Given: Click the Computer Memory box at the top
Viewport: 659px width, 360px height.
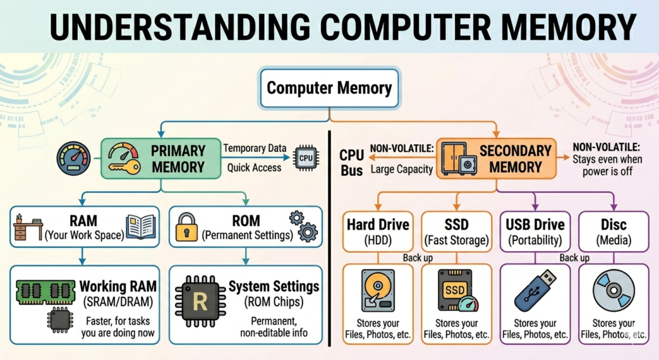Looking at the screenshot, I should pos(329,88).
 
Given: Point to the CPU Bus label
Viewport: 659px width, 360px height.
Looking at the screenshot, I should pos(351,163).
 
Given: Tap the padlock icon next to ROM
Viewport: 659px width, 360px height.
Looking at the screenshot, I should pos(187,226).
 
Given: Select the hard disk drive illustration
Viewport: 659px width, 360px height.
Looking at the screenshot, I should pos(378,291).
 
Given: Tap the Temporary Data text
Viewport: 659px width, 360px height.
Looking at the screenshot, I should pos(254,149).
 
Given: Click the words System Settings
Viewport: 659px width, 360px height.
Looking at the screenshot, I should pos(274,286).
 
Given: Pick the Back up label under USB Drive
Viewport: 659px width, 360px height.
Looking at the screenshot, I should pos(575,258).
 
